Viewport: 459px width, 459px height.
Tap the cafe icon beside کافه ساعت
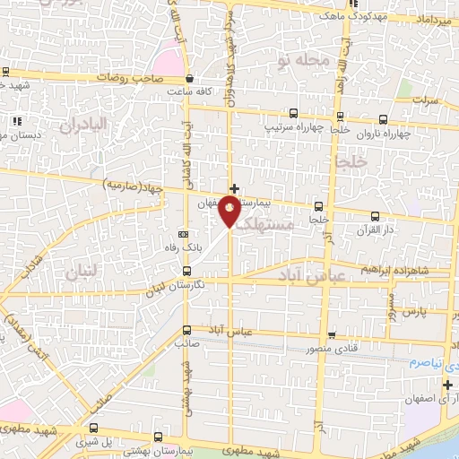(x=191, y=79)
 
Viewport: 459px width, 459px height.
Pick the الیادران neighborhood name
(x=84, y=123)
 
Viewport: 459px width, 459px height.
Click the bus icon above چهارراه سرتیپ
(x=293, y=114)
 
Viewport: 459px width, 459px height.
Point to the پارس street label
(x=411, y=313)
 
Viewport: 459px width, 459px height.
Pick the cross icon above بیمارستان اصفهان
(x=235, y=188)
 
